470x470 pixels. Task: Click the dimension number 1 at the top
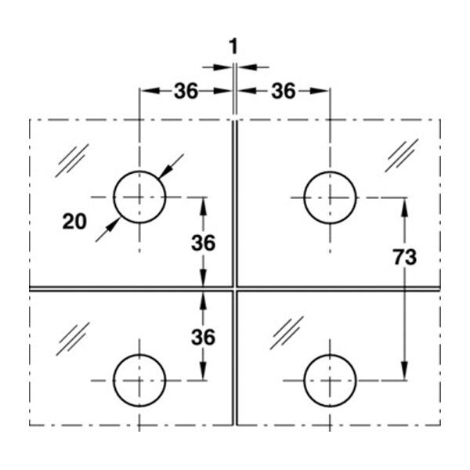pyautogui.click(x=233, y=47)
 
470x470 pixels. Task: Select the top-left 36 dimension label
pyautogui.click(x=186, y=91)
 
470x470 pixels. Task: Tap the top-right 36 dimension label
pyautogui.click(x=284, y=91)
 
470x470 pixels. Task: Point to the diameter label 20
pyautogui.click(x=74, y=222)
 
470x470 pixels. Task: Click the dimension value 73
pyautogui.click(x=405, y=257)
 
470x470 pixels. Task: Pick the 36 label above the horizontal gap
pyautogui.click(x=203, y=243)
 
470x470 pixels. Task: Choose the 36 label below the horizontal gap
pyautogui.click(x=203, y=337)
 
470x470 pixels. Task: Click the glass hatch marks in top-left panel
pyautogui.click(x=72, y=161)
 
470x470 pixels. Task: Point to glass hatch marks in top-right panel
pyautogui.click(x=402, y=155)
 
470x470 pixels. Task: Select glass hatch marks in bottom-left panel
pyautogui.click(x=73, y=339)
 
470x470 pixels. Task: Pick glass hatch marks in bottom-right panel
pyautogui.click(x=287, y=333)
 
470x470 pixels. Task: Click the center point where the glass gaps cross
pyautogui.click(x=235, y=288)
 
